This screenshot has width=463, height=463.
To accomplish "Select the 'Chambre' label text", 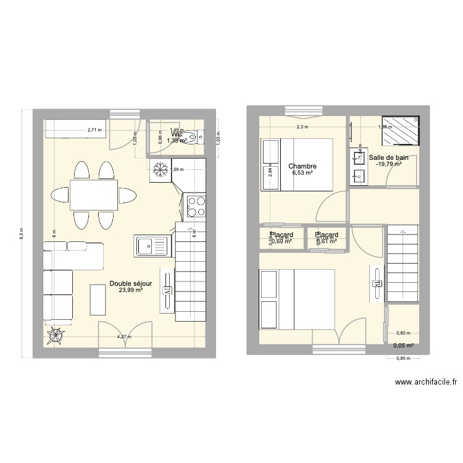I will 302,166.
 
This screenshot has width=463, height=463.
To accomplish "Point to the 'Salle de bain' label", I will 388,157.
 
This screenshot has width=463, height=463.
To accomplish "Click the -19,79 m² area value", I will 388,164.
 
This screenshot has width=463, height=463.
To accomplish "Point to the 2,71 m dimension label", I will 95,130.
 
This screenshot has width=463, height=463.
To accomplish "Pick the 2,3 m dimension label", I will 302,127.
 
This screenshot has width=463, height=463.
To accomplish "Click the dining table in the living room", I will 93,194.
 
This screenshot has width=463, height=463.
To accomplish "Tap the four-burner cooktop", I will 196,206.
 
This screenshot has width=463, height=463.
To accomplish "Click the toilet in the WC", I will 194,137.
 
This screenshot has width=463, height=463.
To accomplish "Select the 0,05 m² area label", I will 403,346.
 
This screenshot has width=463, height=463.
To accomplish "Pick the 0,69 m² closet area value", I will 281,241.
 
